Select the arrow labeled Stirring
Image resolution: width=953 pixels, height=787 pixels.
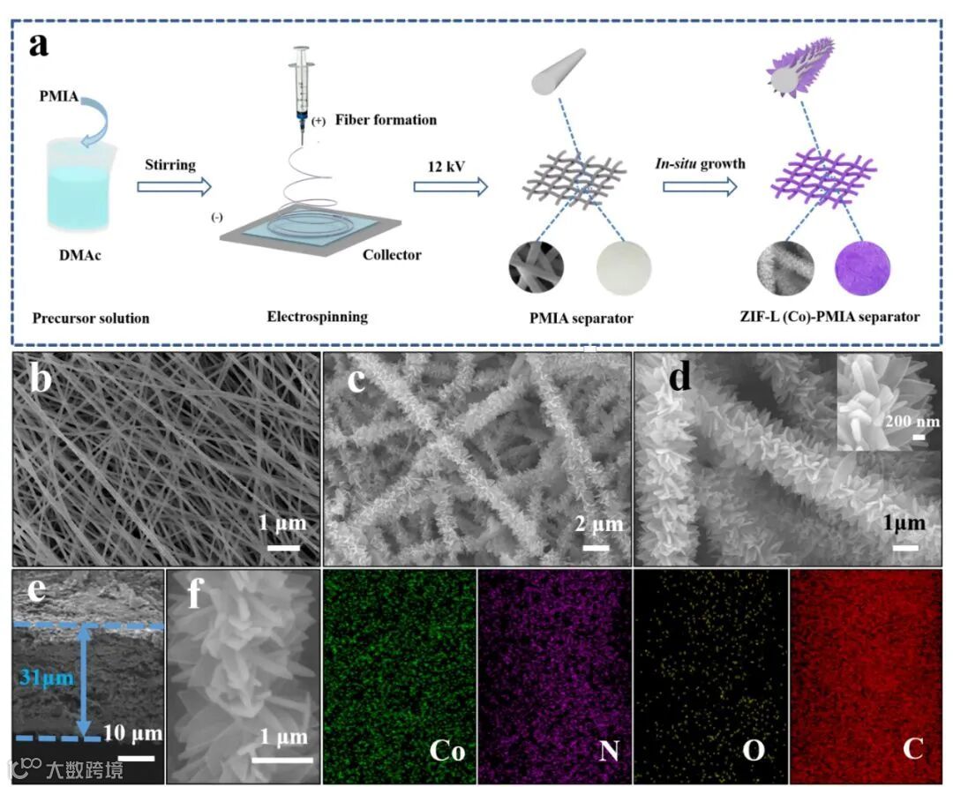click(176, 186)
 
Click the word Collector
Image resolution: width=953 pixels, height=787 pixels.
click(392, 256)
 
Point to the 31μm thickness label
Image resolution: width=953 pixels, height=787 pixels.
click(41, 677)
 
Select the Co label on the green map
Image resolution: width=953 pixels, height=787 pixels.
click(446, 751)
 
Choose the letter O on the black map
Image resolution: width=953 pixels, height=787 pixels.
click(753, 752)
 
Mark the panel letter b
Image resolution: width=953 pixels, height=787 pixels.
click(41, 380)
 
